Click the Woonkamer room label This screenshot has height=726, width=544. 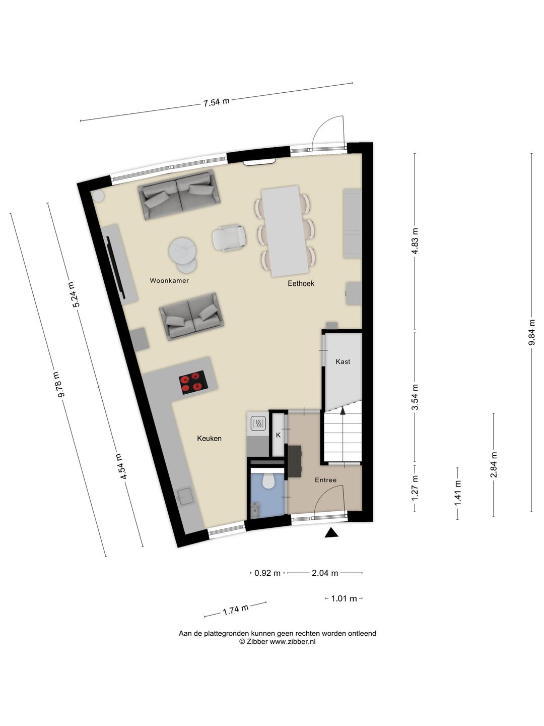(169, 281)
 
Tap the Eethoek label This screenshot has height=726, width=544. (301, 283)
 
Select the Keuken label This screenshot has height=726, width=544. (209, 439)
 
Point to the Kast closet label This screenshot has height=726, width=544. (343, 361)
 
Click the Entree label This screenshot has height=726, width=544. (325, 480)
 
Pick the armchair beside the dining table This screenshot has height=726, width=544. (229, 238)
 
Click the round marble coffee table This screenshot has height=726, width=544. (183, 251)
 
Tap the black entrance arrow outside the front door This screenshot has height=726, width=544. (331, 532)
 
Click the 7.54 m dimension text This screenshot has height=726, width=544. (216, 102)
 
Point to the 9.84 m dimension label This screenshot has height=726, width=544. (531, 333)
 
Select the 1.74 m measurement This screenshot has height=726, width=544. (236, 610)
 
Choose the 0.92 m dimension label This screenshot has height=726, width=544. (267, 573)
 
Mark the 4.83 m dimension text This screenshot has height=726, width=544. (415, 241)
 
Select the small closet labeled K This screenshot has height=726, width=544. (278, 435)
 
